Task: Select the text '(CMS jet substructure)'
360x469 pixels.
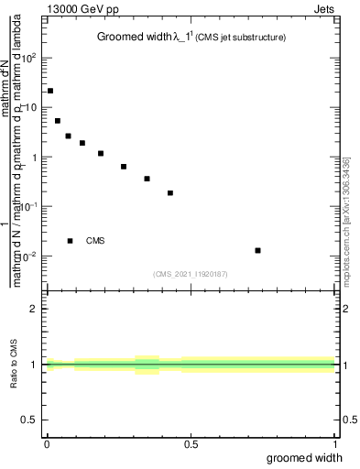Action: click(x=255, y=38)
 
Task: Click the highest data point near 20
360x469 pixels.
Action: click(x=49, y=91)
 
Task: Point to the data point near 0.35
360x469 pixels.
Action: click(x=147, y=179)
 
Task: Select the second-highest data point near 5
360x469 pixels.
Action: click(x=58, y=121)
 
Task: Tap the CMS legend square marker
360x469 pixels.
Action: click(x=71, y=241)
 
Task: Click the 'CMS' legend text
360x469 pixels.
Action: click(x=95, y=241)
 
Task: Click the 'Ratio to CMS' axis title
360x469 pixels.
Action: click(x=14, y=365)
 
